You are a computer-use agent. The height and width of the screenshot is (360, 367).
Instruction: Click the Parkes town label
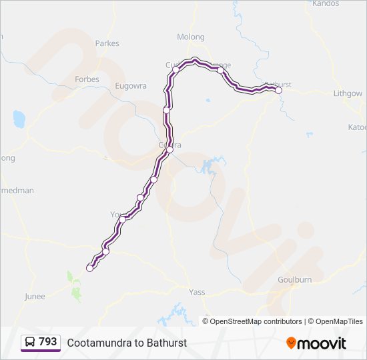107,43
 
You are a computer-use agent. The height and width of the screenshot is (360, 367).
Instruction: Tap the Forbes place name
87,79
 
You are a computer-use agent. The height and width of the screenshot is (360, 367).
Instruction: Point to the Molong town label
190,37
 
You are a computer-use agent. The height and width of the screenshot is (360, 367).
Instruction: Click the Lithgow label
348,94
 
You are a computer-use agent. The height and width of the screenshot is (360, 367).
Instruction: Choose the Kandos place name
326,3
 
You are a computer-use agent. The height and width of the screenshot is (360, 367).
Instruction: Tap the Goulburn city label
294,280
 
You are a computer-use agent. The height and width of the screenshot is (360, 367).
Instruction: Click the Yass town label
197,291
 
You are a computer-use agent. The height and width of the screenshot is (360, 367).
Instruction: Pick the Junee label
35,297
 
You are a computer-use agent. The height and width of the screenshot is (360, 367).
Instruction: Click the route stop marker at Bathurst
279,91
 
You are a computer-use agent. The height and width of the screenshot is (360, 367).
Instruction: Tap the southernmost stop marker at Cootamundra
90,268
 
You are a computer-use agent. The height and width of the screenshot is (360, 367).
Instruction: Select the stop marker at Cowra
169,150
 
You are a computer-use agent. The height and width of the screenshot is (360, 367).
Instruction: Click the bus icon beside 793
31,343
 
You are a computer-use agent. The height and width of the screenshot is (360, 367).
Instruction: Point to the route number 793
48,342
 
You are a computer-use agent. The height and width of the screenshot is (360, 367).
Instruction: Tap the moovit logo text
322,343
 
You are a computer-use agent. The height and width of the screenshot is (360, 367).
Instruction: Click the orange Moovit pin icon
291,343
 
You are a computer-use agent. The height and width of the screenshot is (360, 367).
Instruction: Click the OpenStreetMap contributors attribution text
256,321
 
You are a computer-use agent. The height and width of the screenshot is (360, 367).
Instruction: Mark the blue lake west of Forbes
19,119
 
